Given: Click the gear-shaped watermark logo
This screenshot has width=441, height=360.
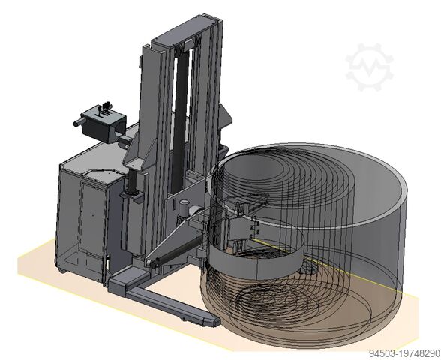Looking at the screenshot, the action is coord(369,67).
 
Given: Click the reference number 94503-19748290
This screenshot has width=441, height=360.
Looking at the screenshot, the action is coord(404,353).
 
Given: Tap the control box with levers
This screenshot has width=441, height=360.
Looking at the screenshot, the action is coord(103,124).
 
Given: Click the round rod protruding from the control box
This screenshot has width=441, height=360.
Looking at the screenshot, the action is coord(79,122).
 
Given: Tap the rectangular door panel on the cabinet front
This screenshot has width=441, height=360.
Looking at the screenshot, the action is coord(92,218).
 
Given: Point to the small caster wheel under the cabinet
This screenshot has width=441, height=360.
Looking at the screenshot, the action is coord(63,271).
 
